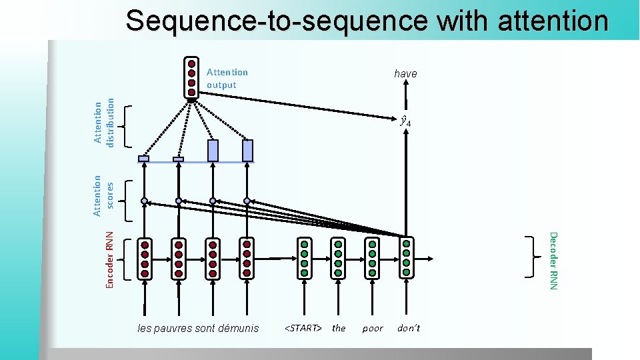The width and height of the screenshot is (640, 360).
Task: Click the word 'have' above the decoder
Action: click(x=405, y=73)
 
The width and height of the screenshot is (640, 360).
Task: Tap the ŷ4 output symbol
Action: click(x=405, y=121)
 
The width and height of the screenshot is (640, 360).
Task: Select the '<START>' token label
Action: click(x=303, y=328)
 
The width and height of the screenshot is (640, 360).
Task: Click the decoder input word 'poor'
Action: click(x=373, y=329)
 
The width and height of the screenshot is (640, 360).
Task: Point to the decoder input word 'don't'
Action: click(x=409, y=328)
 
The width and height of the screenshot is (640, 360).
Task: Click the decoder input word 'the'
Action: click(x=339, y=328)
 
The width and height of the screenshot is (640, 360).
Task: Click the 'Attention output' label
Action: click(x=227, y=78)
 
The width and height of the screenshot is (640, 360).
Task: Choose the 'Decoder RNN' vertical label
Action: click(x=552, y=260)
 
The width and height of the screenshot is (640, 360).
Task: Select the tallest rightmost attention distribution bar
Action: click(x=247, y=151)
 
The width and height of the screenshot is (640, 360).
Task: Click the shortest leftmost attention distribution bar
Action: click(x=143, y=159)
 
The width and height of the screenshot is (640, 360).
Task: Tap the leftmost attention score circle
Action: click(x=144, y=200)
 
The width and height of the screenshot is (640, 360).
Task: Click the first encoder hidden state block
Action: click(x=144, y=259)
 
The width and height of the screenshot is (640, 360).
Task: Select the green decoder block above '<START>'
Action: click(x=304, y=258)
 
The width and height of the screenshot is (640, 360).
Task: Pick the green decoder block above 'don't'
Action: click(x=406, y=258)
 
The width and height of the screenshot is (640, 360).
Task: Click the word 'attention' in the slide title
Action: click(x=553, y=20)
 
